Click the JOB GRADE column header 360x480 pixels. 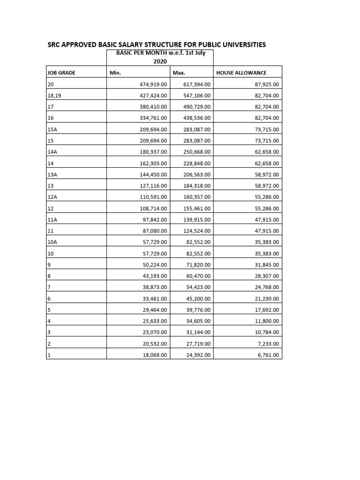(61, 73)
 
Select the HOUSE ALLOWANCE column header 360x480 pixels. (241, 73)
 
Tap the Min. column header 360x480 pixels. (115, 73)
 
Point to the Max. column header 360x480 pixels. (180, 73)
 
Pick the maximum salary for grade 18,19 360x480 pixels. (197, 96)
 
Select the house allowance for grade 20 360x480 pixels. (265, 84)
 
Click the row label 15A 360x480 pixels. (52, 129)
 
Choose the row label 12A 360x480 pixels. (52, 197)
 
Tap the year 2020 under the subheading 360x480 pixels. (160, 61)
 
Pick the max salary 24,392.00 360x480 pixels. (198, 355)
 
